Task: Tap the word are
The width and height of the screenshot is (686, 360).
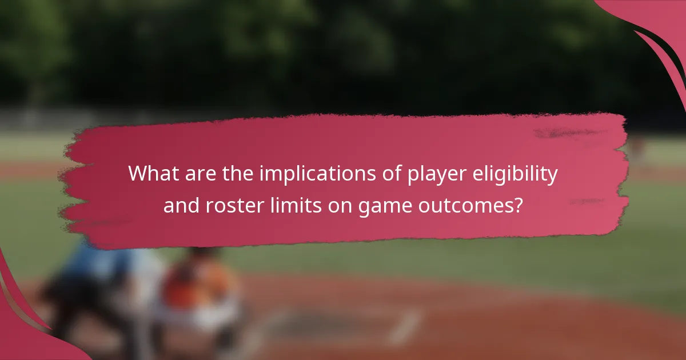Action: click(193, 174)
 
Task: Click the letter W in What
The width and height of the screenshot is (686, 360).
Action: click(138, 174)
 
